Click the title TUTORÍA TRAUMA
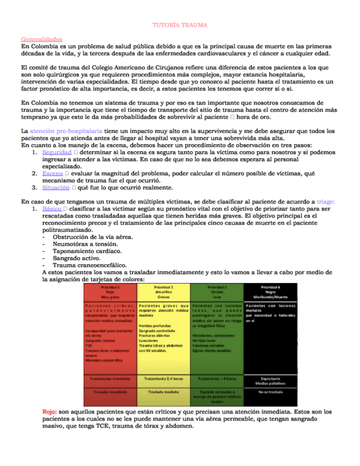[180, 25]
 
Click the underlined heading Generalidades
[41, 39]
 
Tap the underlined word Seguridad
[56, 152]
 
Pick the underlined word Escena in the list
[52, 173]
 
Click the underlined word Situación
[56, 187]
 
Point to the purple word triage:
[326, 202]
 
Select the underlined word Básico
[52, 209]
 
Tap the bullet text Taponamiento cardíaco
[87, 251]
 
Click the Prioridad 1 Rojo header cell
[110, 291]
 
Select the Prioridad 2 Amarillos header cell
[163, 291]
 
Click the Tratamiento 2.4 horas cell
[163, 379]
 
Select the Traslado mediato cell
[163, 392]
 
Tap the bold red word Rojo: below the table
[49, 412]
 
